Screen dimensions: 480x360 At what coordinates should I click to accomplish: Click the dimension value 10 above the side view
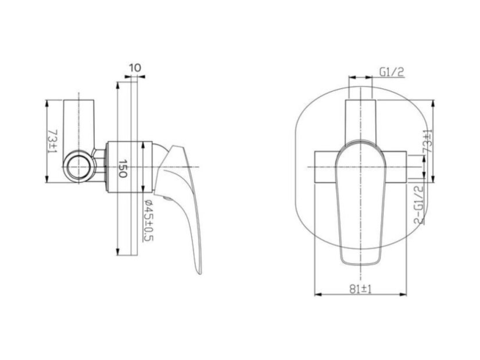(x=135, y=67)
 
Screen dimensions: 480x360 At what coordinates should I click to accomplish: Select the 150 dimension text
(x=122, y=168)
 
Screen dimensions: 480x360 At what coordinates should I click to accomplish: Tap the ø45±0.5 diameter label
(x=148, y=220)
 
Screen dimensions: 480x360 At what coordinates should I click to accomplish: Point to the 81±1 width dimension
(x=360, y=289)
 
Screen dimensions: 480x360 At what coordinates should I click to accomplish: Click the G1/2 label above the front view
(x=392, y=72)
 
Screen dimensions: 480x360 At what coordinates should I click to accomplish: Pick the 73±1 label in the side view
(x=53, y=141)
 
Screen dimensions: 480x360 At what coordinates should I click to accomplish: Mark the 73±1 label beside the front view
(x=427, y=141)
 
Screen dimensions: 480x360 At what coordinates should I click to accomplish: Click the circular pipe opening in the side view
(x=79, y=167)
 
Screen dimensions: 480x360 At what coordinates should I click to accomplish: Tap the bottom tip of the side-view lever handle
(x=199, y=273)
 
